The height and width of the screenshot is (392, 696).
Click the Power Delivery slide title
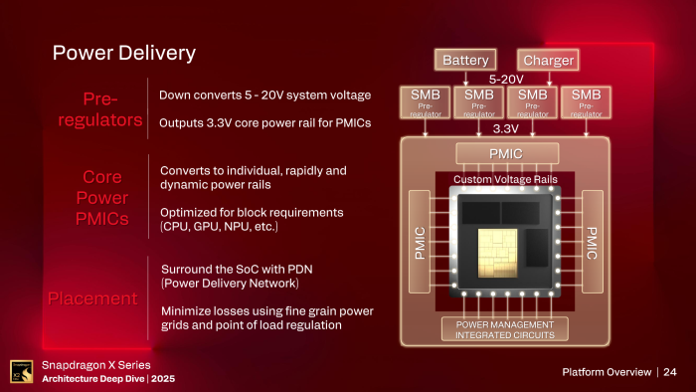[124, 53]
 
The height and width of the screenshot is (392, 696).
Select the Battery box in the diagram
[465, 60]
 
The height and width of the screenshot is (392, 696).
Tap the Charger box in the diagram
[549, 60]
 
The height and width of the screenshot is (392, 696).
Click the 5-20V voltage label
[507, 78]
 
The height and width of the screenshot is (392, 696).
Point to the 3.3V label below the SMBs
[507, 129]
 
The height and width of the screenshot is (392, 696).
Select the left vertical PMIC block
[419, 242]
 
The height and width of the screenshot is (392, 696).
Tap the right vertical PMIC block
[594, 242]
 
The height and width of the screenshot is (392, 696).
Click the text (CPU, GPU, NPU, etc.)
[219, 228]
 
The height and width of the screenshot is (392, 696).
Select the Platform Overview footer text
[604, 372]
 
